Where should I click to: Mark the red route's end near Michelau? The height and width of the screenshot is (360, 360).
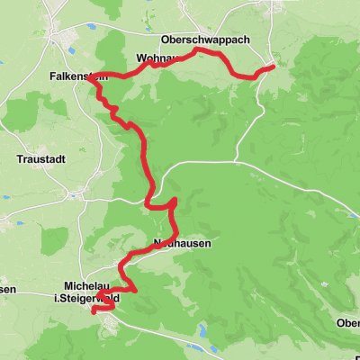point(94,310)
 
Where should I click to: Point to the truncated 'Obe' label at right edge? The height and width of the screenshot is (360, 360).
point(348,324)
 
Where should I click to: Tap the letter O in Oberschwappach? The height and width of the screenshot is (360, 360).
point(166,40)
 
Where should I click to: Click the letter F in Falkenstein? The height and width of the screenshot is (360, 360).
point(53,77)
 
